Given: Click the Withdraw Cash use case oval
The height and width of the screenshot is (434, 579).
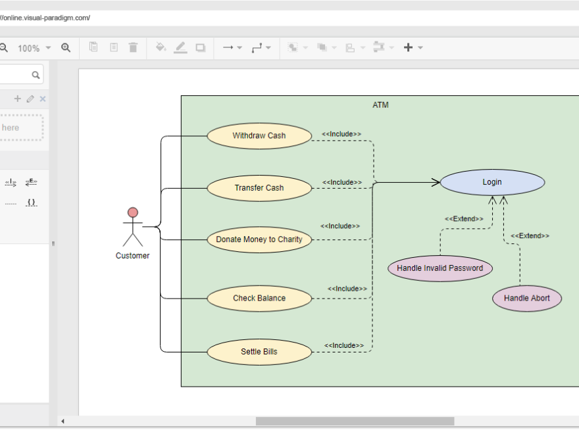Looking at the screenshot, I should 259,136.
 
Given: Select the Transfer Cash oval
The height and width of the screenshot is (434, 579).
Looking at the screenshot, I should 259,188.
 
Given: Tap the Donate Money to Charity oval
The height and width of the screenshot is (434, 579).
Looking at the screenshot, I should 259,239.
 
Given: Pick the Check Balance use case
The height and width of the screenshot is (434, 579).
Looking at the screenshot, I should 259,299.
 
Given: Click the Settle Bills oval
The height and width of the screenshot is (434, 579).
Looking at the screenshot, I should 259,352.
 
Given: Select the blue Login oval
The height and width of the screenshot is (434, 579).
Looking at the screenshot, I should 492,182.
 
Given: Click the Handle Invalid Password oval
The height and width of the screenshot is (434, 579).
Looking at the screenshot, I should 440,268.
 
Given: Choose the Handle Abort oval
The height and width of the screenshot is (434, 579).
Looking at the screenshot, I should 527,299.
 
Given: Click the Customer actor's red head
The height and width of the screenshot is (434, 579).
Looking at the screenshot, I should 133,212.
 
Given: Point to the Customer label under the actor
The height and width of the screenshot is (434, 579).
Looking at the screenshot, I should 133,256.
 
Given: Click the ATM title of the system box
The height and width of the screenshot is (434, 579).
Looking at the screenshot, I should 380,105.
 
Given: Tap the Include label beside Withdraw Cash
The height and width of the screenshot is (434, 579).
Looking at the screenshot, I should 341,134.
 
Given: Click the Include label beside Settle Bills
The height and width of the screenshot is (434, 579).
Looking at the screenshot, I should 344,345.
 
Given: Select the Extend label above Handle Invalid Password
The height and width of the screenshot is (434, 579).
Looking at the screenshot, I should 464,219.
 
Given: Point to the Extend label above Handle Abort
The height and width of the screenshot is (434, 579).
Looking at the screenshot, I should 530,235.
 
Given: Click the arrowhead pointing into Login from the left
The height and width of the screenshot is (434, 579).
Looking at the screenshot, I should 436,182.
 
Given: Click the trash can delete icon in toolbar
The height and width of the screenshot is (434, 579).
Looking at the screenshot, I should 134,47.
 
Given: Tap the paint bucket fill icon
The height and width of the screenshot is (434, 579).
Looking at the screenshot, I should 161,47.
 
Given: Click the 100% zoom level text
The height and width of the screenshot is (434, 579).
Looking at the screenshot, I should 28,48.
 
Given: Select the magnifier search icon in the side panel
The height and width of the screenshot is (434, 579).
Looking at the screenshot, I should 36,75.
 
